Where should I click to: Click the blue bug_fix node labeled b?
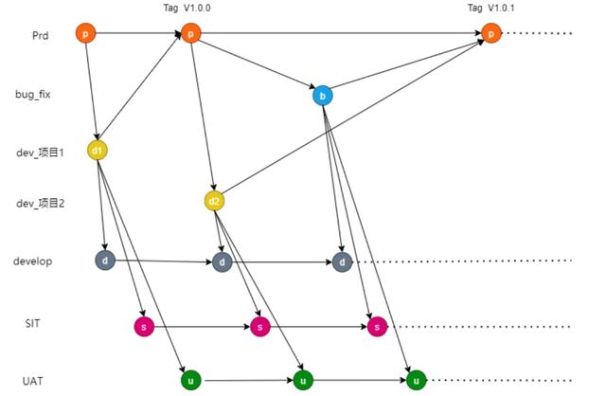(x=322, y=95)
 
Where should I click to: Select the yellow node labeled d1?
(x=98, y=150)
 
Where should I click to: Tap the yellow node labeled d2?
(x=214, y=201)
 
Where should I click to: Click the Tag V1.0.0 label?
(x=188, y=9)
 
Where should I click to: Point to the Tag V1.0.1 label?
(x=492, y=9)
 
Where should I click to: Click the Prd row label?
(x=39, y=36)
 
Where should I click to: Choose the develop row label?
(x=32, y=261)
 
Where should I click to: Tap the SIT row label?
(x=32, y=323)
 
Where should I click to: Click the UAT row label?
(x=33, y=381)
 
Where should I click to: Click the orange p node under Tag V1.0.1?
(x=490, y=34)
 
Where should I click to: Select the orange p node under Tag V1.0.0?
(x=190, y=34)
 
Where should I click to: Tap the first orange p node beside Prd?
(x=85, y=34)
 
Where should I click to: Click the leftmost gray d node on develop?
(x=104, y=261)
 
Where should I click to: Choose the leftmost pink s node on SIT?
(x=144, y=327)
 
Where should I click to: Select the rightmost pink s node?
(x=377, y=327)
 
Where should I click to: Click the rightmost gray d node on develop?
(x=342, y=262)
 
